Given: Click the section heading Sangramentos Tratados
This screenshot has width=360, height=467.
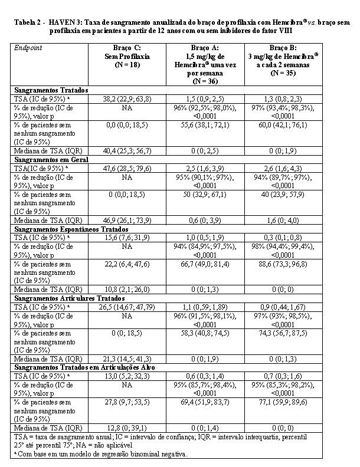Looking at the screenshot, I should coord(51,90).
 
